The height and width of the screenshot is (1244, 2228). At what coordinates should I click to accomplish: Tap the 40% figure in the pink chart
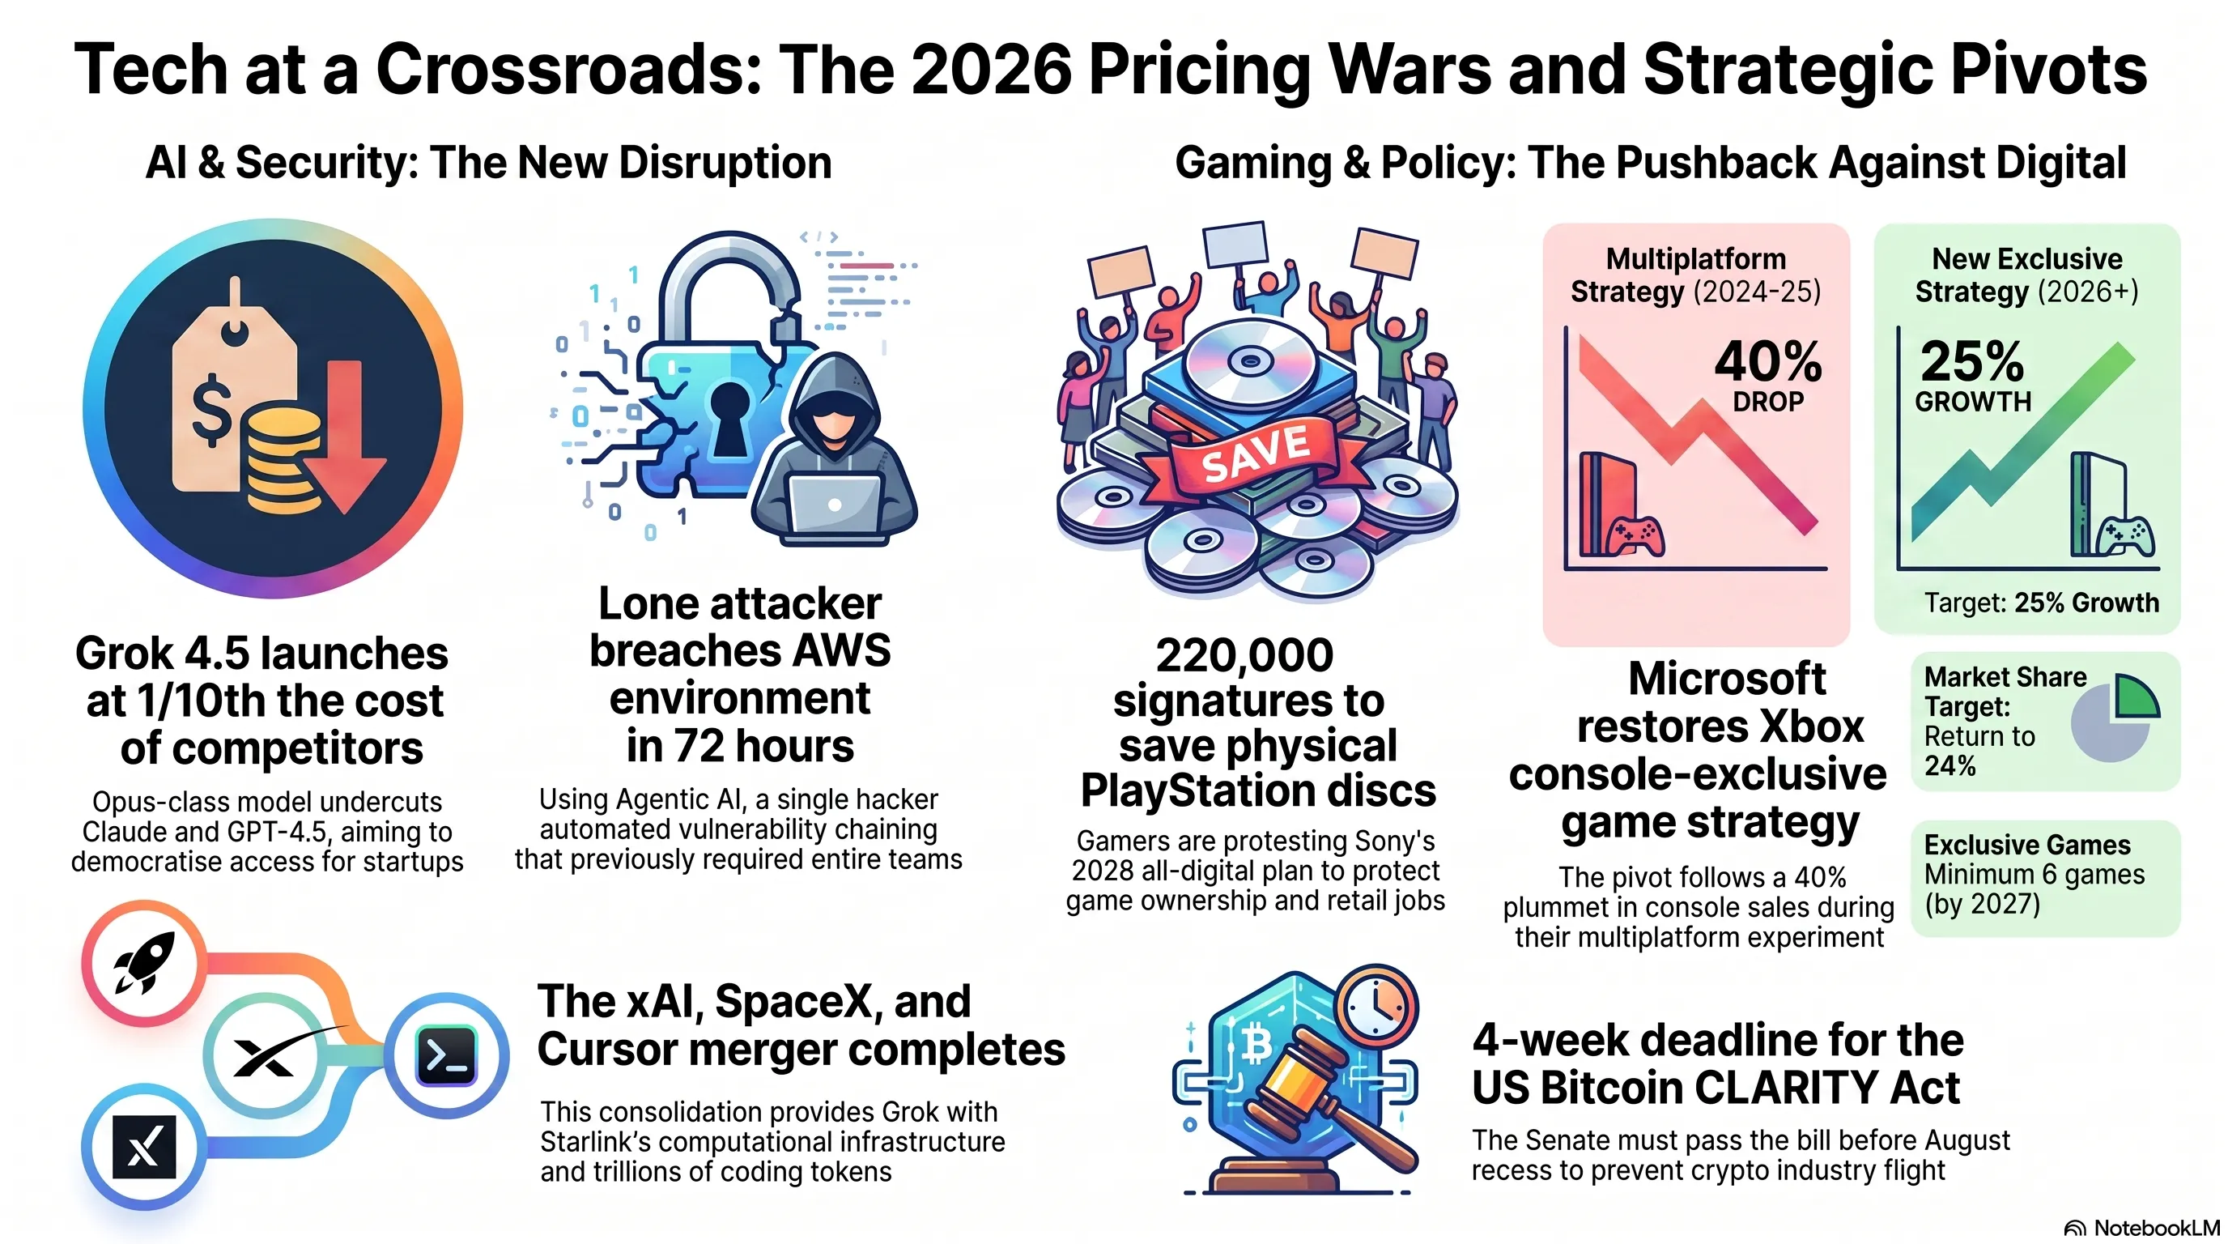click(1768, 361)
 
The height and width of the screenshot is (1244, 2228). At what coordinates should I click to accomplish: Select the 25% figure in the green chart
click(1972, 361)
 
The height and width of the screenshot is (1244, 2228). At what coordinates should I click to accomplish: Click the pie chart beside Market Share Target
click(2115, 718)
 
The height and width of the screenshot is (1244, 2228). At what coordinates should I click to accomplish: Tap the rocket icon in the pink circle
click(144, 963)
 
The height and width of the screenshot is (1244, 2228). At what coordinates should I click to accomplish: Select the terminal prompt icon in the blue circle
click(446, 1055)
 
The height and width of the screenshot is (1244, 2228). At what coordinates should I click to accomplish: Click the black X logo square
click(144, 1148)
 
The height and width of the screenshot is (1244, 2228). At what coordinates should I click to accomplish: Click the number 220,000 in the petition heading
click(1244, 655)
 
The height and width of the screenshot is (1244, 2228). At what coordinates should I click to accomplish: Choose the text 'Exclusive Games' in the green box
click(2027, 845)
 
